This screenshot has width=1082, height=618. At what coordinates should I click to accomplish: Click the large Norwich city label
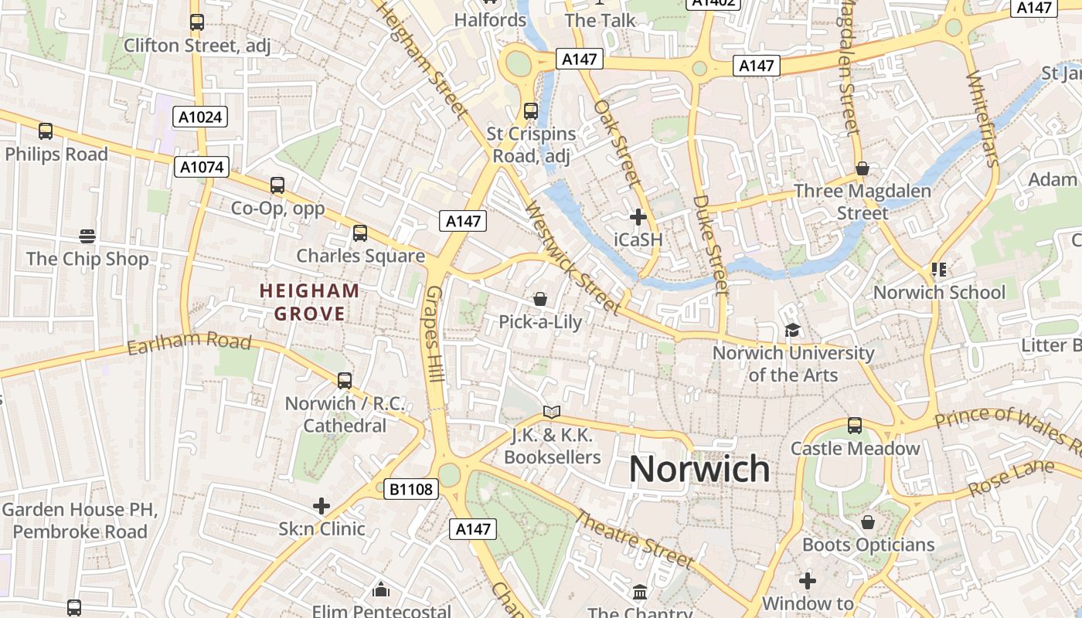point(699,469)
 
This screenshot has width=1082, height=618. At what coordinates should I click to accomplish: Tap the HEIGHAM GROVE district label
point(309,302)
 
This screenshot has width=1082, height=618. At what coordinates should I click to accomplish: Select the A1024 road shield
point(199,117)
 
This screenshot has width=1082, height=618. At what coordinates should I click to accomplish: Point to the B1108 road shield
point(412,489)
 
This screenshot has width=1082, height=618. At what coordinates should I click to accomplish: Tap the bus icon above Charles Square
point(359,233)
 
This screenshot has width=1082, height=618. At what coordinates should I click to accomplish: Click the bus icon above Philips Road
point(46,131)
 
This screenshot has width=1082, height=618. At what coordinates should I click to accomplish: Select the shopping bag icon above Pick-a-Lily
point(540,299)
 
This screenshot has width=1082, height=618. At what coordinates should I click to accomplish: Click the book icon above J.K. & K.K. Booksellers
point(551,413)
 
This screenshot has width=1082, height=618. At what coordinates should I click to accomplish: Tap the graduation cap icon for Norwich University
point(792,331)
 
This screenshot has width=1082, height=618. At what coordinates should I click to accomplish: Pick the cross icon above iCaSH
point(638,217)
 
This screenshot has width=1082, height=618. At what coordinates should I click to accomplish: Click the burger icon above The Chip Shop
point(87,236)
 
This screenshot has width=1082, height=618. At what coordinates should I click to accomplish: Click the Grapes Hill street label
point(434,334)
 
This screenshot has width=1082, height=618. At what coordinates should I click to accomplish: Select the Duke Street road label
point(710,244)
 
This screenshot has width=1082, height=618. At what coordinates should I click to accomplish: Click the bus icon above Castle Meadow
point(854,426)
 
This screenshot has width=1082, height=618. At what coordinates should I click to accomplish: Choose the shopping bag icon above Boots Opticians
point(868,522)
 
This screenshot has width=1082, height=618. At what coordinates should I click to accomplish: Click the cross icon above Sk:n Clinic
point(322,507)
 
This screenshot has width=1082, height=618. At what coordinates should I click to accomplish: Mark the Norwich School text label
point(939,293)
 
